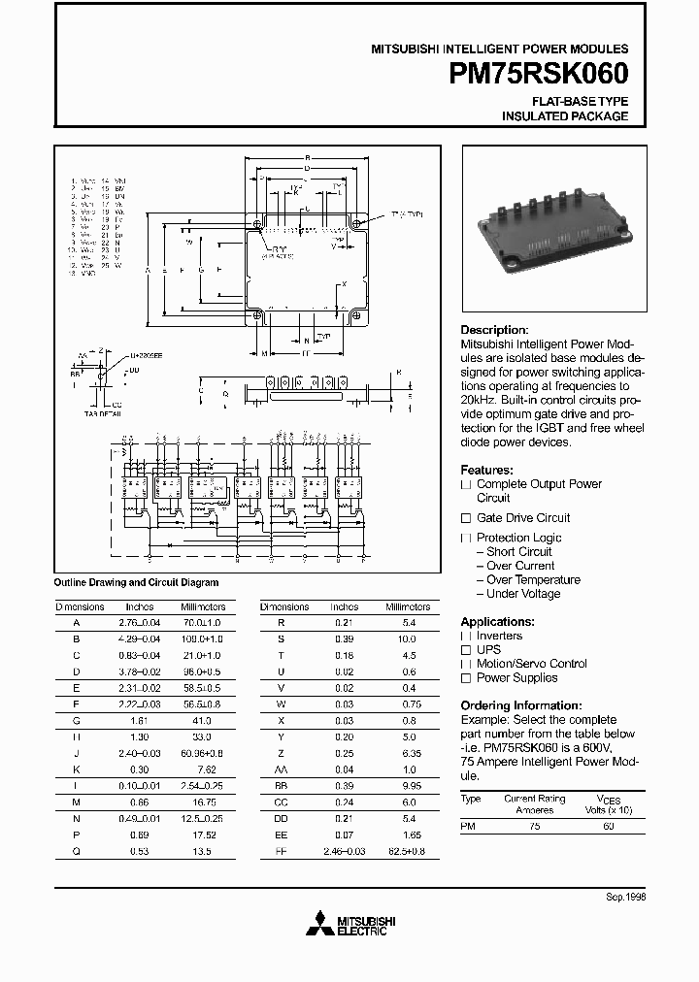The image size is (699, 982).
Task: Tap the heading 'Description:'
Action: tap(494, 330)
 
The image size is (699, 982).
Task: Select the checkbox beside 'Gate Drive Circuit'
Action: tap(466, 518)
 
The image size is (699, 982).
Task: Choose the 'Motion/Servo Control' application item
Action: tap(531, 664)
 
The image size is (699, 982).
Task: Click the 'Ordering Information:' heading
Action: tap(520, 705)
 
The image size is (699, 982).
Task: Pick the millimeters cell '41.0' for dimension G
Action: tap(201, 722)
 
